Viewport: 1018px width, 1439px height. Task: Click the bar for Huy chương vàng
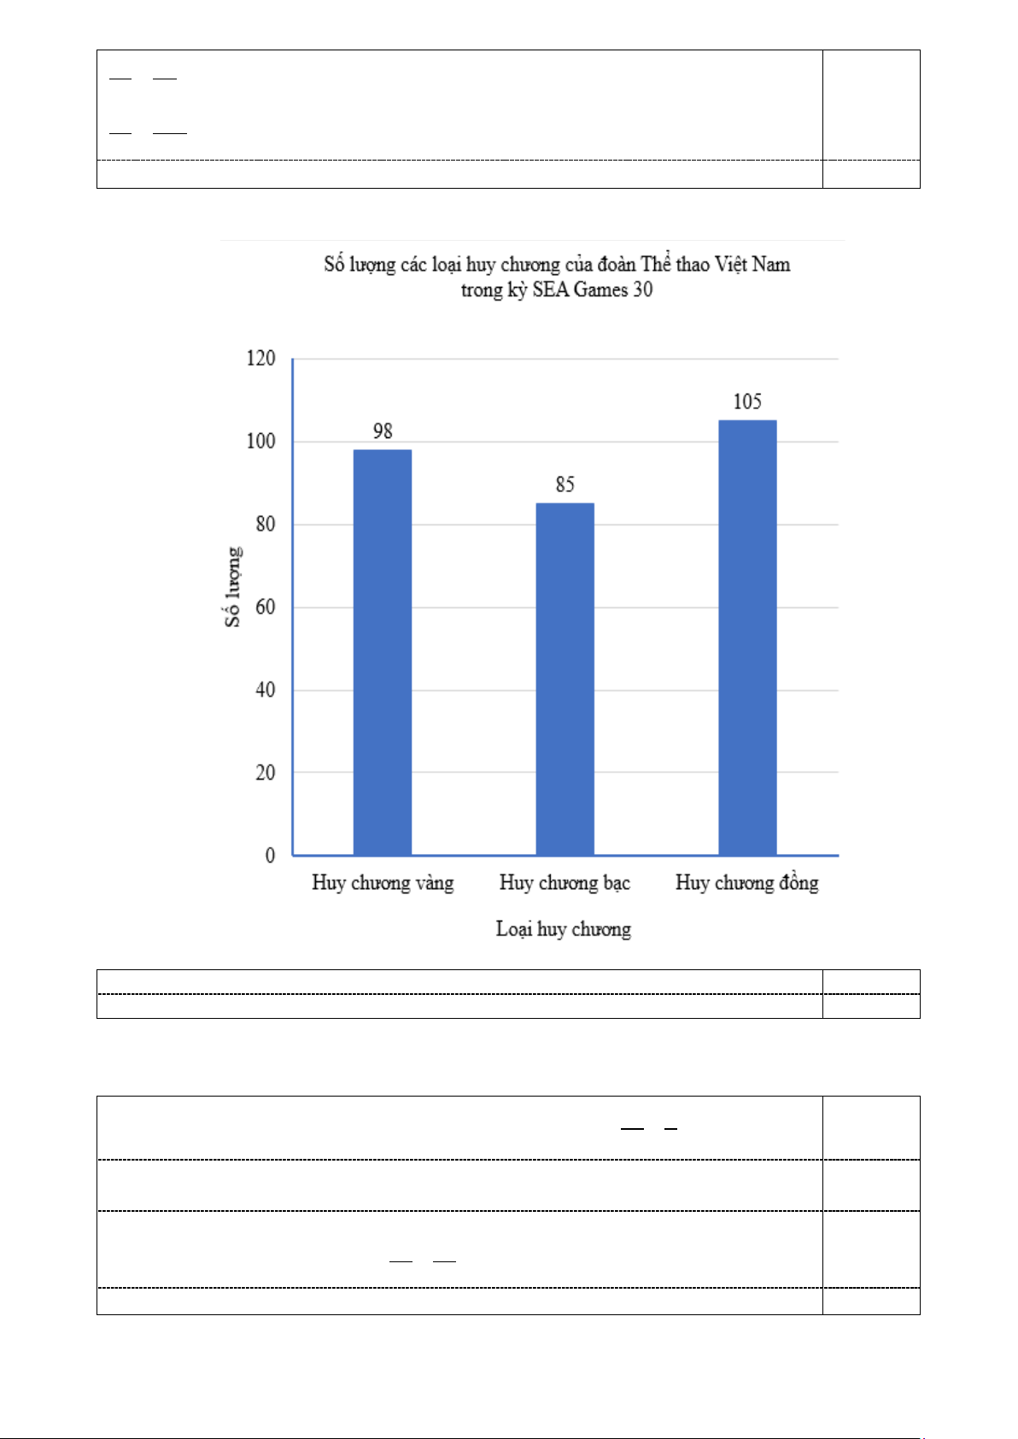pyautogui.click(x=382, y=652)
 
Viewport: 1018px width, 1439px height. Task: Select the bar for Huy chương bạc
pyautogui.click(x=565, y=679)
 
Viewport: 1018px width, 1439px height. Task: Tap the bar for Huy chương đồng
pyautogui.click(x=747, y=637)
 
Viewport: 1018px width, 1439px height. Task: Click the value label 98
pyautogui.click(x=383, y=431)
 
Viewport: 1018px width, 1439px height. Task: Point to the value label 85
pyautogui.click(x=565, y=485)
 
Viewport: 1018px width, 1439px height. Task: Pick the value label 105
pyautogui.click(x=747, y=402)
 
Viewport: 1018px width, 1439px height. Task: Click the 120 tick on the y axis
pyautogui.click(x=260, y=359)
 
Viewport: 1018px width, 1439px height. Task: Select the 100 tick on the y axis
pyautogui.click(x=260, y=442)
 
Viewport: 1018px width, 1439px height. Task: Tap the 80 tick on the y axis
pyautogui.click(x=265, y=524)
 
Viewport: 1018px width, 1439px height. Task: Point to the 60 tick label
pyautogui.click(x=265, y=607)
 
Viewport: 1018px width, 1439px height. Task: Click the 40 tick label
pyautogui.click(x=265, y=690)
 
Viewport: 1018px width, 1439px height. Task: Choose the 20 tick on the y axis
pyautogui.click(x=265, y=773)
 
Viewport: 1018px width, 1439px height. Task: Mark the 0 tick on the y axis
pyautogui.click(x=270, y=856)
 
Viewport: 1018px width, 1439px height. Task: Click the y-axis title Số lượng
pyautogui.click(x=233, y=587)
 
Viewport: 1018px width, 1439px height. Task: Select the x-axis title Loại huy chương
pyautogui.click(x=564, y=929)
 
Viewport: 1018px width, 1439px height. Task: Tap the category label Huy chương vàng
pyautogui.click(x=383, y=883)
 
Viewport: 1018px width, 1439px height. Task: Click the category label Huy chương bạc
pyautogui.click(x=565, y=883)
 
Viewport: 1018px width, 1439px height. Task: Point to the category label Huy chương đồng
pyautogui.click(x=747, y=883)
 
